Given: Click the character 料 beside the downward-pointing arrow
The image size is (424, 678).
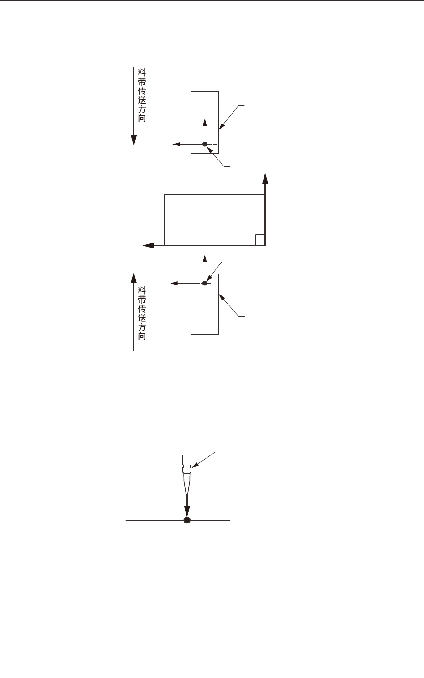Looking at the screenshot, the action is coord(142,72).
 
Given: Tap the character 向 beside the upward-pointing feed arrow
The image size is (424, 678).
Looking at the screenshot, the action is coord(142,336).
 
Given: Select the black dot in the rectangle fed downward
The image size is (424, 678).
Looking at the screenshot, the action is coord(205,144).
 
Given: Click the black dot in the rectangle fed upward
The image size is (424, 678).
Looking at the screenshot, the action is coord(205,283).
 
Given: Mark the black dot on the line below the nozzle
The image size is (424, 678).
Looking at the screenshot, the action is coord(186,520).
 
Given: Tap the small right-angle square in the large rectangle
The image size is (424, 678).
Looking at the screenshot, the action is coord(260,240).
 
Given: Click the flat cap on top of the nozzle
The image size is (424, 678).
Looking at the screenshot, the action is coord(186,455).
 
